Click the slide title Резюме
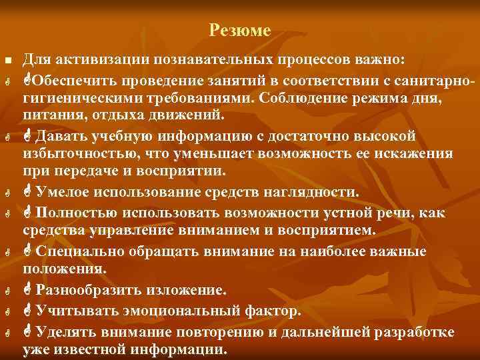pos(239,31)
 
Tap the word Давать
pos(60,137)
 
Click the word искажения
pos(418,153)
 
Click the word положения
pos(63,269)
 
